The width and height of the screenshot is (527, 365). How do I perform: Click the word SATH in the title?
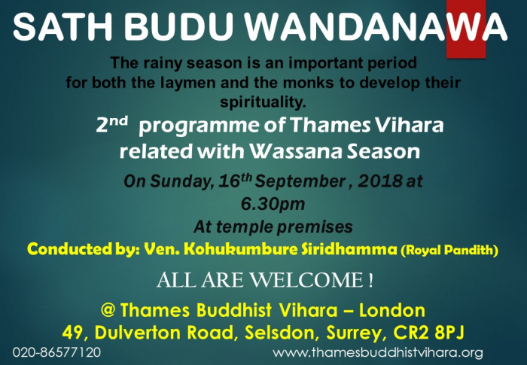point(62,26)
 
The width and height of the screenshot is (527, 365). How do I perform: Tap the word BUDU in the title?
point(179,26)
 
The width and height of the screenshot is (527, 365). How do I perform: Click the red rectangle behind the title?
point(466,29)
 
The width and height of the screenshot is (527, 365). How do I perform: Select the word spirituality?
point(263,102)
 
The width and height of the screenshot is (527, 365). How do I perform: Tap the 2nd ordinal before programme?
point(112,124)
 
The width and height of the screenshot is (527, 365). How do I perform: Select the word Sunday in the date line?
point(181,181)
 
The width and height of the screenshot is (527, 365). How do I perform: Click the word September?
point(300,181)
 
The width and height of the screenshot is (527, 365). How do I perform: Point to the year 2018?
point(379,181)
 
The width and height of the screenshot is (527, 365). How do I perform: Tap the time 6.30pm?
point(273,204)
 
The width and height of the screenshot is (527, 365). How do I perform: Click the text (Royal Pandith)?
point(449,250)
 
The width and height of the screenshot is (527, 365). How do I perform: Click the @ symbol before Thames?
point(108,309)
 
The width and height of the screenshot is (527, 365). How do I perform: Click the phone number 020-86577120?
point(56,352)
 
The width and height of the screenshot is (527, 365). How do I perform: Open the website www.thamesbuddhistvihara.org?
point(378,352)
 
